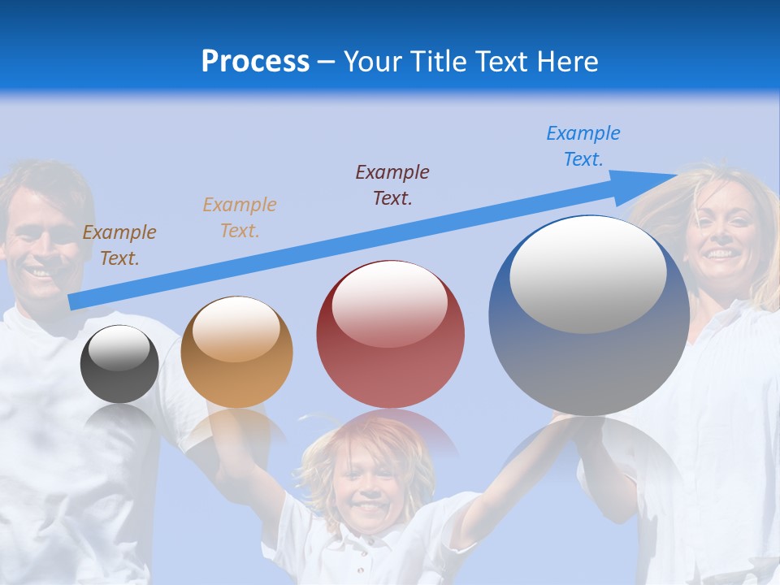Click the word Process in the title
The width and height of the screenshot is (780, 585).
pyautogui.click(x=255, y=62)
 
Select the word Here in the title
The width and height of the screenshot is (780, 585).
pyautogui.click(x=565, y=62)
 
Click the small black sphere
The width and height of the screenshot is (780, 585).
pyautogui.click(x=119, y=364)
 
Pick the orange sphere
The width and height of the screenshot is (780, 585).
pyautogui.click(x=236, y=353)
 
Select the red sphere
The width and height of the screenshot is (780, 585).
pyautogui.click(x=390, y=335)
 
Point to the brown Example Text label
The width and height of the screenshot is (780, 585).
pyautogui.click(x=119, y=245)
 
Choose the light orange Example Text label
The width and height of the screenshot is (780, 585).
pyautogui.click(x=240, y=218)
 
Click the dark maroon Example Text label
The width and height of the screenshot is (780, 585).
pyautogui.click(x=392, y=185)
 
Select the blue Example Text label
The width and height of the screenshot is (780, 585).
pyautogui.click(x=583, y=146)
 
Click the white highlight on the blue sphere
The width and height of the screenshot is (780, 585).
pyautogui.click(x=587, y=273)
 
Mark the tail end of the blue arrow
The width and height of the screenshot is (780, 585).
pyautogui.click(x=72, y=302)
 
